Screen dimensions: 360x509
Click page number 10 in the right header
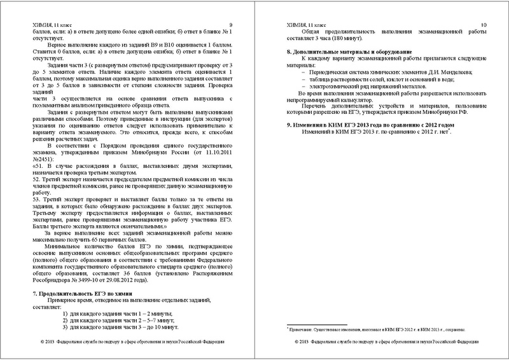point(484,24)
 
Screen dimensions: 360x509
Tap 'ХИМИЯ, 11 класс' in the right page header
point(305,24)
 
